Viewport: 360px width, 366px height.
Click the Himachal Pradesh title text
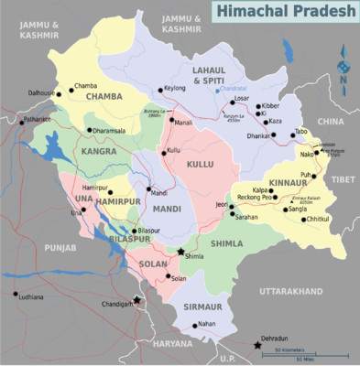(284, 12)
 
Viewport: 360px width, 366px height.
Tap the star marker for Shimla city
(181, 252)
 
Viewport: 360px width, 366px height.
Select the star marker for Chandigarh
(137, 300)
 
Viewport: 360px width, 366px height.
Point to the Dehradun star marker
(256, 345)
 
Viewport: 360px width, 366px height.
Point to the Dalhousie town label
(41, 93)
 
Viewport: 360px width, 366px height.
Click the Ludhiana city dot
(16, 295)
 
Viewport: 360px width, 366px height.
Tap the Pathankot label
(38, 119)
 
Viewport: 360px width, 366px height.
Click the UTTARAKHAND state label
(291, 291)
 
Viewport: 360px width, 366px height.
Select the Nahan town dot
(194, 325)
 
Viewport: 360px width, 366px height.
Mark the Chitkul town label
(317, 220)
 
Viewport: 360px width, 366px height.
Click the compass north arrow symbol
(344, 68)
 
